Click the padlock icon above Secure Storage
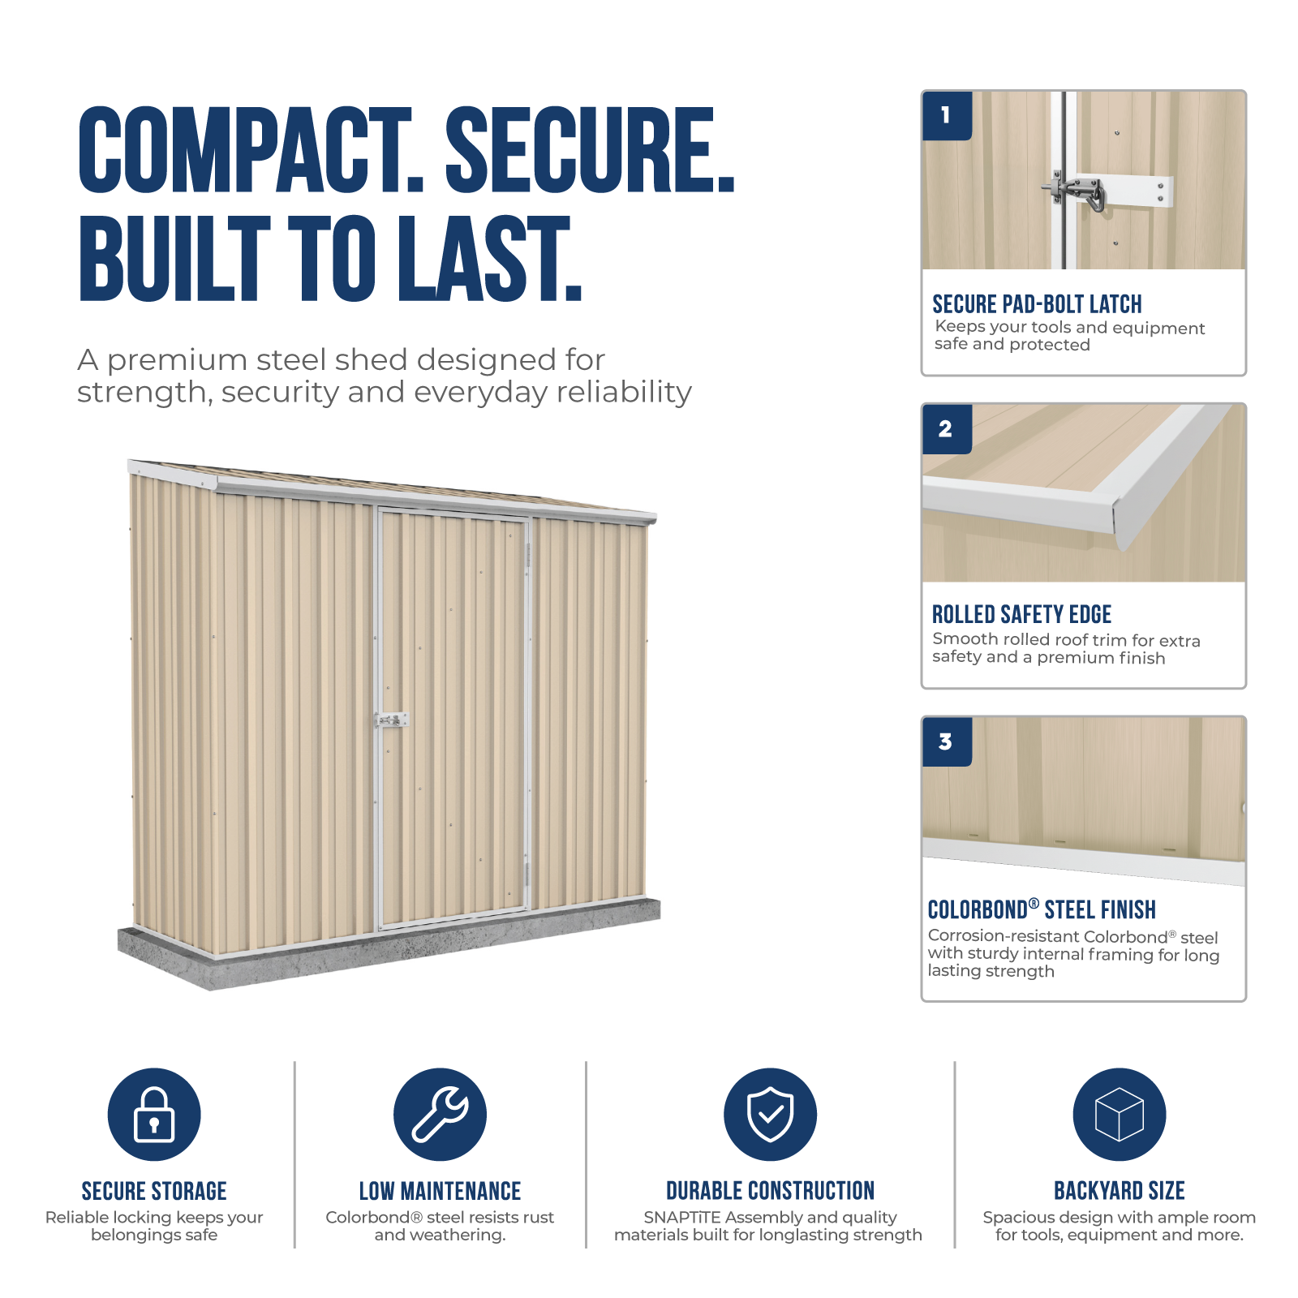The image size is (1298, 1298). point(154,1115)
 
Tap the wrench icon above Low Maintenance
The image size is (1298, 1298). point(441,1115)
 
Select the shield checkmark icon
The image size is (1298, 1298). point(770,1115)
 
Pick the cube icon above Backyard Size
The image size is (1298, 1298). point(1120,1115)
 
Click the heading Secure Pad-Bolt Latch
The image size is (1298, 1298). point(1037,304)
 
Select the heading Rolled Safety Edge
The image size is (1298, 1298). point(1021,614)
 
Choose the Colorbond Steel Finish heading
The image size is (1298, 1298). point(1042,909)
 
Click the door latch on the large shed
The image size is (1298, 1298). point(393,720)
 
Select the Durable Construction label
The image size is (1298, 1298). point(770,1191)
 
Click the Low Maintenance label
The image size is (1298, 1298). point(441,1191)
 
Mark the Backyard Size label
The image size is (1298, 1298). point(1120,1191)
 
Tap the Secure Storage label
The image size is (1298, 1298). point(154,1191)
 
